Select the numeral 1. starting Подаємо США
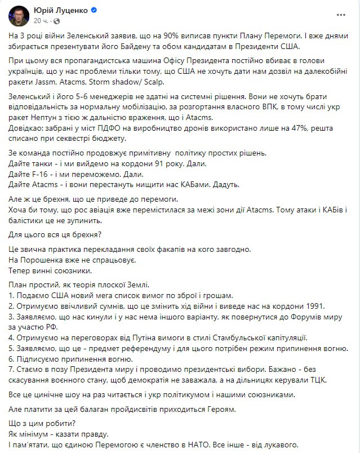click(12, 295)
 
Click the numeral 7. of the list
click(12, 370)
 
